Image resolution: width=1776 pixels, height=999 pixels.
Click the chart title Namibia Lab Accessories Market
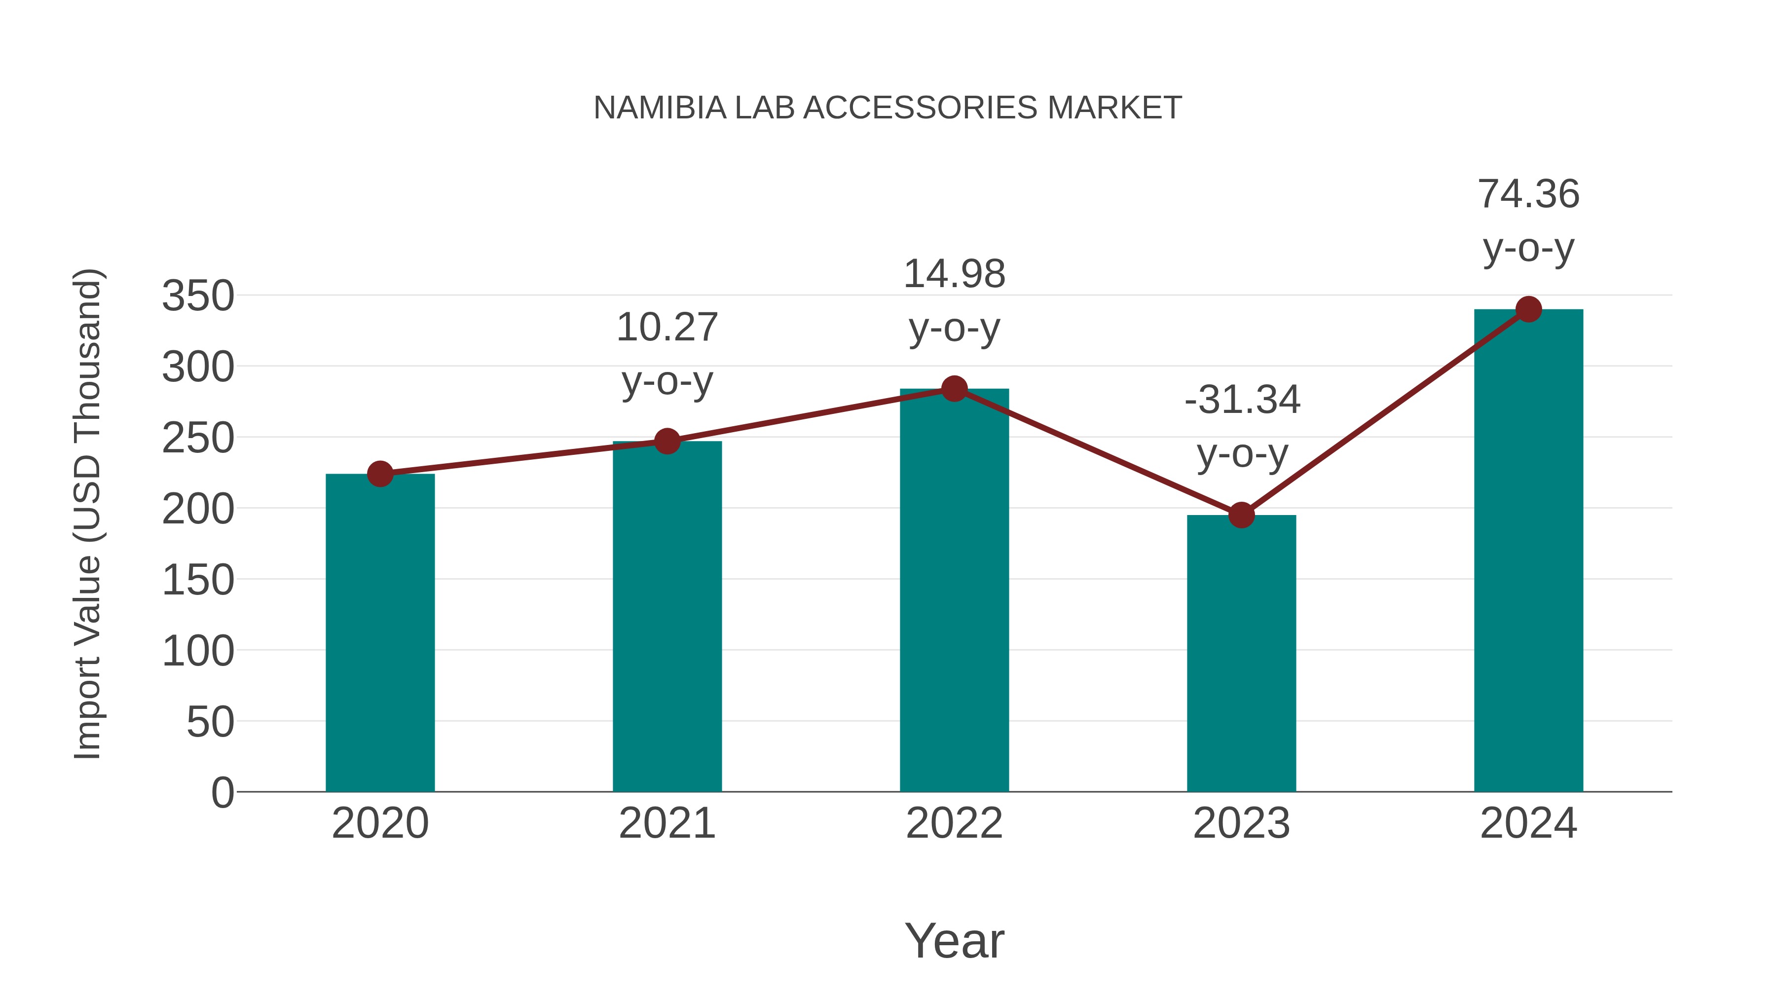[x=888, y=108]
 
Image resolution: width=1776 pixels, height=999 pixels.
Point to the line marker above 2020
[x=380, y=474]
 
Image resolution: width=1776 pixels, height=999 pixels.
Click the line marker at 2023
[x=1241, y=515]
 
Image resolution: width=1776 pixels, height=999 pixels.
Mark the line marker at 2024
[x=1528, y=309]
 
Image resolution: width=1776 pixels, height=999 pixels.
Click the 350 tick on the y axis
[x=198, y=296]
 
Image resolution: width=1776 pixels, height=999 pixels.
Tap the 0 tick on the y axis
[x=222, y=792]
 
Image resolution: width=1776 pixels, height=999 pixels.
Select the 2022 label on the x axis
[x=954, y=823]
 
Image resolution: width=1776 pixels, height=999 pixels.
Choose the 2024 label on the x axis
[x=1528, y=823]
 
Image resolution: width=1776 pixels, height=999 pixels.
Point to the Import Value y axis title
[x=88, y=514]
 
